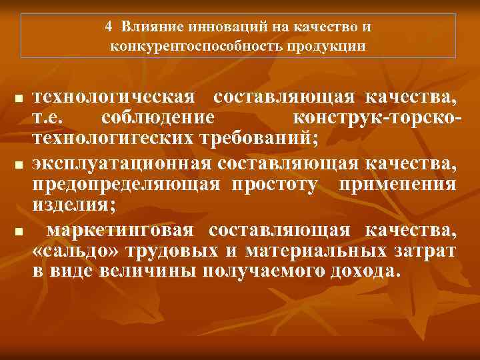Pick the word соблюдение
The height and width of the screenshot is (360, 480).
[158, 118]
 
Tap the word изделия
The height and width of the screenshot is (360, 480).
[73, 205]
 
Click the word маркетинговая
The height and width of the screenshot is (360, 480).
[121, 230]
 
